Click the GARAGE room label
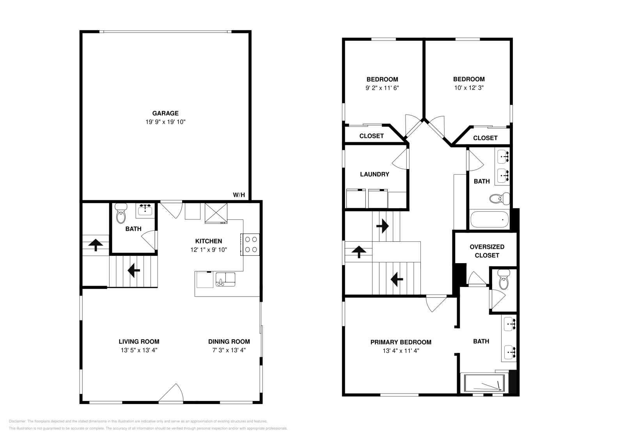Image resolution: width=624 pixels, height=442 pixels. (165, 113)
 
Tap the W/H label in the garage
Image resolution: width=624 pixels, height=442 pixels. (239, 195)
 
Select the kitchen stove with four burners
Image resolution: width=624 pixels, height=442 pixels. (250, 244)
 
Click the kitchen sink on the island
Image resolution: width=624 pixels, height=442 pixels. (225, 280)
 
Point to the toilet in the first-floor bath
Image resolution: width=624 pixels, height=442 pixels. (121, 213)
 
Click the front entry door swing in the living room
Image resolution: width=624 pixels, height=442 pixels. (171, 393)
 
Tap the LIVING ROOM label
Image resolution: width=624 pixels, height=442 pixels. (139, 342)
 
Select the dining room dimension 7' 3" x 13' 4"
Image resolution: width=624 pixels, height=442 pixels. (229, 350)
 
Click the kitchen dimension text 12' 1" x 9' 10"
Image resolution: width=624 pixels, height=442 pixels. (209, 250)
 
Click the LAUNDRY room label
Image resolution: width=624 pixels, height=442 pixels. (375, 174)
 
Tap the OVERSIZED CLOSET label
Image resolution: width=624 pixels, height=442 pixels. (487, 251)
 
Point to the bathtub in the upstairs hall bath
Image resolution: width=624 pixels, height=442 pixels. (489, 219)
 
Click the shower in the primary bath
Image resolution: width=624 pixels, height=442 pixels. (484, 383)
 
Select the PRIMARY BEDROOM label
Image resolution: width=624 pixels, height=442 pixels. (401, 342)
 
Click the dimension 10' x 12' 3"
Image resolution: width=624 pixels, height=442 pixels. (469, 88)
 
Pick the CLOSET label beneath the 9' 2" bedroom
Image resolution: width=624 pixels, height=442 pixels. (372, 136)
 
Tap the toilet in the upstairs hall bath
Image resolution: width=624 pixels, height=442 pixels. (500, 199)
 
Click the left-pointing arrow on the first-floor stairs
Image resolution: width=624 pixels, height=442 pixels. (134, 270)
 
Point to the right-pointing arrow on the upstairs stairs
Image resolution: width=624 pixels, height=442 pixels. (383, 226)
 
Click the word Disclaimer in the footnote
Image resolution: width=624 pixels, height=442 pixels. (17, 421)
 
